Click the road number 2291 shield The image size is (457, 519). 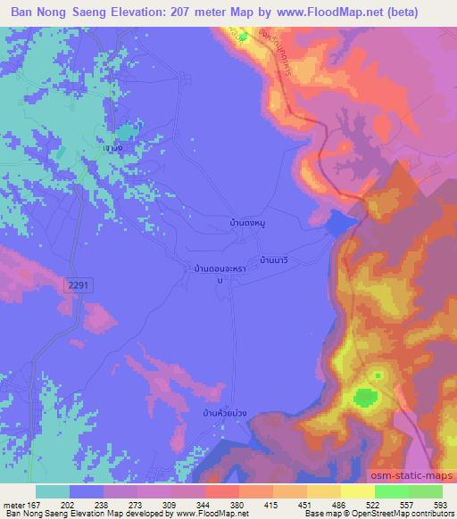coord(77,284)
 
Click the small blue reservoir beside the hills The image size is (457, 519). coord(341,222)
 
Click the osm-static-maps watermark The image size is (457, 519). coord(420,475)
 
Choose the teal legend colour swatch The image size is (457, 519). coord(53,490)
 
